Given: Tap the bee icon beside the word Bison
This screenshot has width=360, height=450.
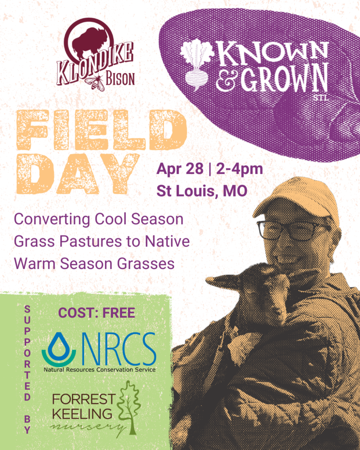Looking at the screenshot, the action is click(95, 82).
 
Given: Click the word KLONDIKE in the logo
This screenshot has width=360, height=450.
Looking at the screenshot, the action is click(95, 64).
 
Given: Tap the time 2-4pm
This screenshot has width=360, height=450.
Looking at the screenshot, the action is click(240, 169).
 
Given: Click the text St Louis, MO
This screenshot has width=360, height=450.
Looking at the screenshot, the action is click(202, 191).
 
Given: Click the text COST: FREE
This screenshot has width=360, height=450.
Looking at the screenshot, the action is click(97, 313).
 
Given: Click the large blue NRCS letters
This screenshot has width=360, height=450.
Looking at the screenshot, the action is click(119, 349).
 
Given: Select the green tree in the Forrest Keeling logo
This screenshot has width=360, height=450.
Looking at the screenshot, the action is click(129, 407).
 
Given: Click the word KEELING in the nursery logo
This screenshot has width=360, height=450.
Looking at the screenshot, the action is click(82, 414).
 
